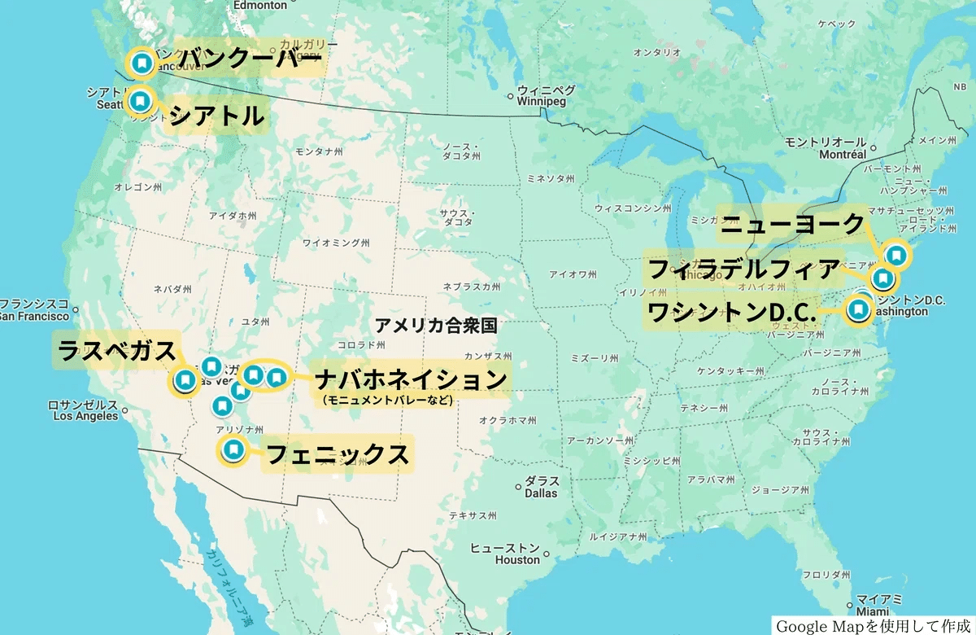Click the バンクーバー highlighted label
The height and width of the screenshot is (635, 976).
coord(251,59)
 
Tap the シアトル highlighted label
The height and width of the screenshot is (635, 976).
coord(216,116)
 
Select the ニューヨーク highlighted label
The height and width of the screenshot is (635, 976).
coord(793,224)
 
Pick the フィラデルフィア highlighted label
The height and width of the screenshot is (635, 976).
coord(743,269)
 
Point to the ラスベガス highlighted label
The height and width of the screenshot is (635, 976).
coord(116,351)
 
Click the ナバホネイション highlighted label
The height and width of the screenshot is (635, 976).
coord(412,379)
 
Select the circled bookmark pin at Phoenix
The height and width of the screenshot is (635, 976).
coord(233,449)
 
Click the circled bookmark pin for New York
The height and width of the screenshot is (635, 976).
coord(895,255)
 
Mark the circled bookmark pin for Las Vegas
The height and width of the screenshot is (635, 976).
coord(185,380)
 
